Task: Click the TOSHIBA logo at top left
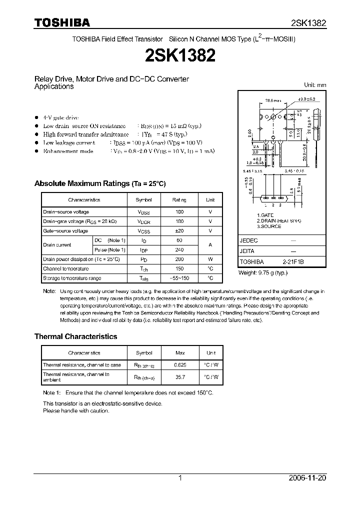tap(62, 23)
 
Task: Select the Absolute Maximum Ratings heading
tap(99, 183)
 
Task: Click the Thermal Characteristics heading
tap(75, 336)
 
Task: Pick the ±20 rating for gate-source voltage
tap(179, 231)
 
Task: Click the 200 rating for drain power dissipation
tap(179, 259)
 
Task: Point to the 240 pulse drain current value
tap(179, 249)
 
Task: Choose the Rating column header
tap(179, 200)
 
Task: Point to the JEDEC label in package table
tap(248, 240)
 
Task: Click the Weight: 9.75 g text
tap(263, 272)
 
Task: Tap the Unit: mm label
tap(315, 85)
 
